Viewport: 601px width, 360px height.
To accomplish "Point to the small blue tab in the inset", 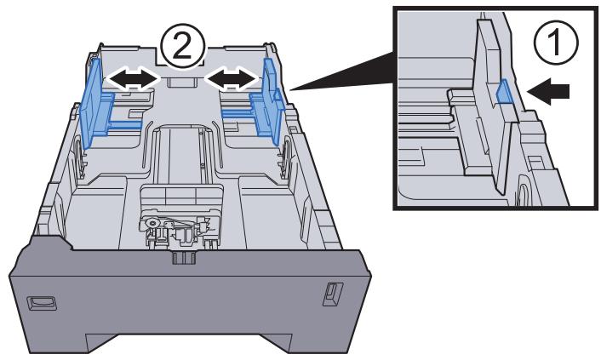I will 503,90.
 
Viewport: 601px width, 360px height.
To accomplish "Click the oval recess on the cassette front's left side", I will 41,300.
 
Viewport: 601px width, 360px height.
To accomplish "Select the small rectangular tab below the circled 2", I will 180,82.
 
